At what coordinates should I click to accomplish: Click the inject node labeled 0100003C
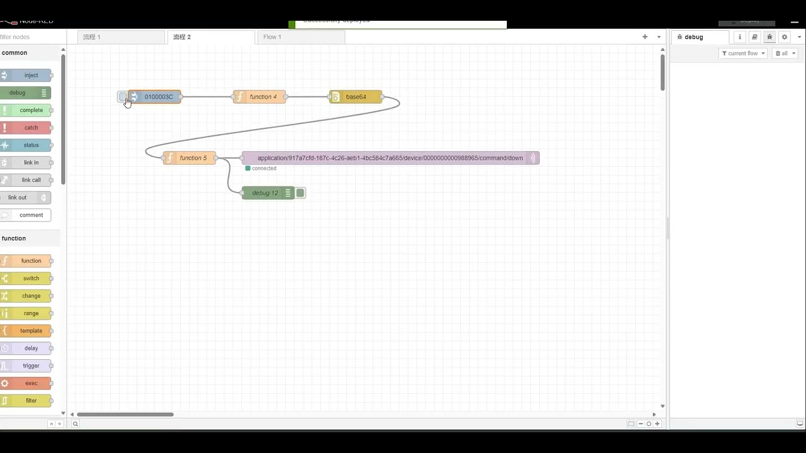(157, 97)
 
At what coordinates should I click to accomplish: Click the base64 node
(356, 97)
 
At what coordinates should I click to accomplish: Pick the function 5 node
(193, 158)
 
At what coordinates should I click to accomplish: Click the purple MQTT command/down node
(390, 158)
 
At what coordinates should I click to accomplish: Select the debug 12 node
(265, 193)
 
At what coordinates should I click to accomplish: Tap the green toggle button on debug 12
(301, 193)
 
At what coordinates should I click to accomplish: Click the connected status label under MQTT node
(263, 169)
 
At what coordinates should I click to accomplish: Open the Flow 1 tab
(273, 37)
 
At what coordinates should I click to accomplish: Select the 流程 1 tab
(92, 37)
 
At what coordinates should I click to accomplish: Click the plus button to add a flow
(645, 37)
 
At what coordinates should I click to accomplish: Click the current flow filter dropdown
(743, 53)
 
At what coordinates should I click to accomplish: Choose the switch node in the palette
(31, 278)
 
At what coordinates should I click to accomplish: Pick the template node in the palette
(31, 331)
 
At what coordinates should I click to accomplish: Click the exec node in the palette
(31, 383)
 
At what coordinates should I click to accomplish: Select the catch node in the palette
(31, 128)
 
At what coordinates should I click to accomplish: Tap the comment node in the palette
(31, 215)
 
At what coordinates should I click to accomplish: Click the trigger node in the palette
(31, 366)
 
